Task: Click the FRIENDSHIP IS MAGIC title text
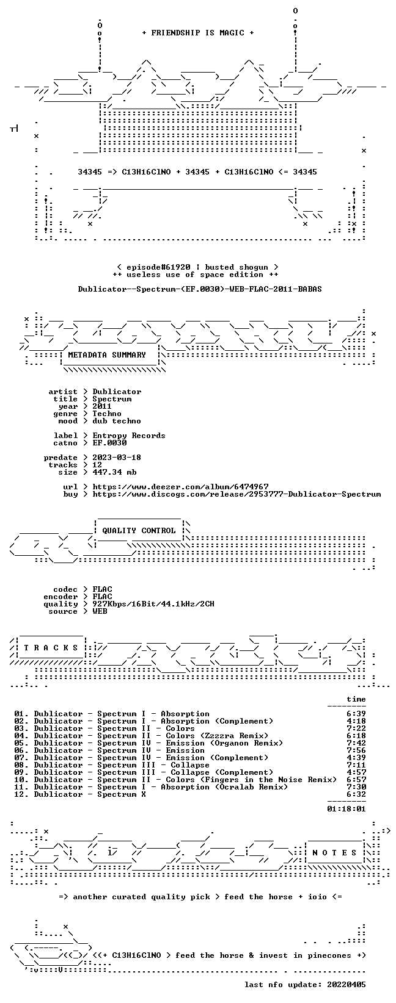click(x=198, y=33)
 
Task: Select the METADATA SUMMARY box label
click(x=107, y=355)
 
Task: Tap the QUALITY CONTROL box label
click(x=139, y=531)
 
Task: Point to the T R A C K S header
click(x=51, y=647)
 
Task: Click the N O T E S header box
click(x=334, y=852)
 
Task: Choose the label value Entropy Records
click(x=129, y=436)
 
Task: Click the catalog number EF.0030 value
click(x=109, y=443)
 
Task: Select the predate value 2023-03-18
click(x=117, y=458)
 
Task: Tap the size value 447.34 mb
click(x=114, y=472)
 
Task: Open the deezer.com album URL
click(x=180, y=487)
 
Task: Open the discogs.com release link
click(x=237, y=494)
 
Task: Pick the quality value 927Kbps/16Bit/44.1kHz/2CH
click(x=153, y=603)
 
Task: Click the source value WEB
click(x=100, y=611)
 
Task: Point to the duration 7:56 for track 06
click(x=356, y=750)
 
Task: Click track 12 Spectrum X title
click(x=90, y=794)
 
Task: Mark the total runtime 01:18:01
click(x=346, y=808)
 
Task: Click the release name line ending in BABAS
click(x=200, y=289)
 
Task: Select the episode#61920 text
click(x=158, y=267)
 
